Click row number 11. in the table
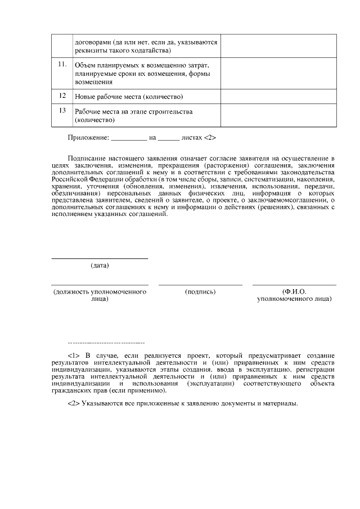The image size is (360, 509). [63, 64]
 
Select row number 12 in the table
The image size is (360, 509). [63, 96]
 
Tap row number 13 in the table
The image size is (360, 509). [63, 110]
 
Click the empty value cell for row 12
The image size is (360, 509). [278, 97]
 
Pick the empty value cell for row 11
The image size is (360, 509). [278, 73]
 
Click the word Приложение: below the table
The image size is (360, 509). [88, 137]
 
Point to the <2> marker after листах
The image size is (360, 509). [210, 137]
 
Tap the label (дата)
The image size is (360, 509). [100, 265]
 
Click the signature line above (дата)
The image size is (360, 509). [100, 258]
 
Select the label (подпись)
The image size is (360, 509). [200, 292]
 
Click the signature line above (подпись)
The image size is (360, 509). [200, 285]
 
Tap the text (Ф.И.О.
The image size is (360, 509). [294, 292]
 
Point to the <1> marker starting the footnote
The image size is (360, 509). [74, 356]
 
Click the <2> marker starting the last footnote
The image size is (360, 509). [74, 403]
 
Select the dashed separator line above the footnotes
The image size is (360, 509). [106, 343]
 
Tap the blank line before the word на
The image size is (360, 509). [129, 138]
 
